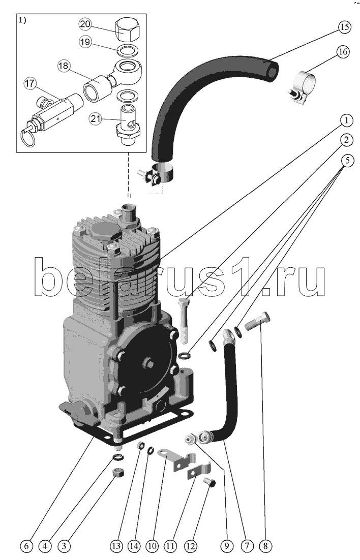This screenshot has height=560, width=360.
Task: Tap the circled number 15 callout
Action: pyautogui.click(x=344, y=27)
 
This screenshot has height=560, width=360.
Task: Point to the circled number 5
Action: pyautogui.click(x=346, y=161)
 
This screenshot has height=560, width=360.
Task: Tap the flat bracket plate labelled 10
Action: pyautogui.click(x=175, y=457)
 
